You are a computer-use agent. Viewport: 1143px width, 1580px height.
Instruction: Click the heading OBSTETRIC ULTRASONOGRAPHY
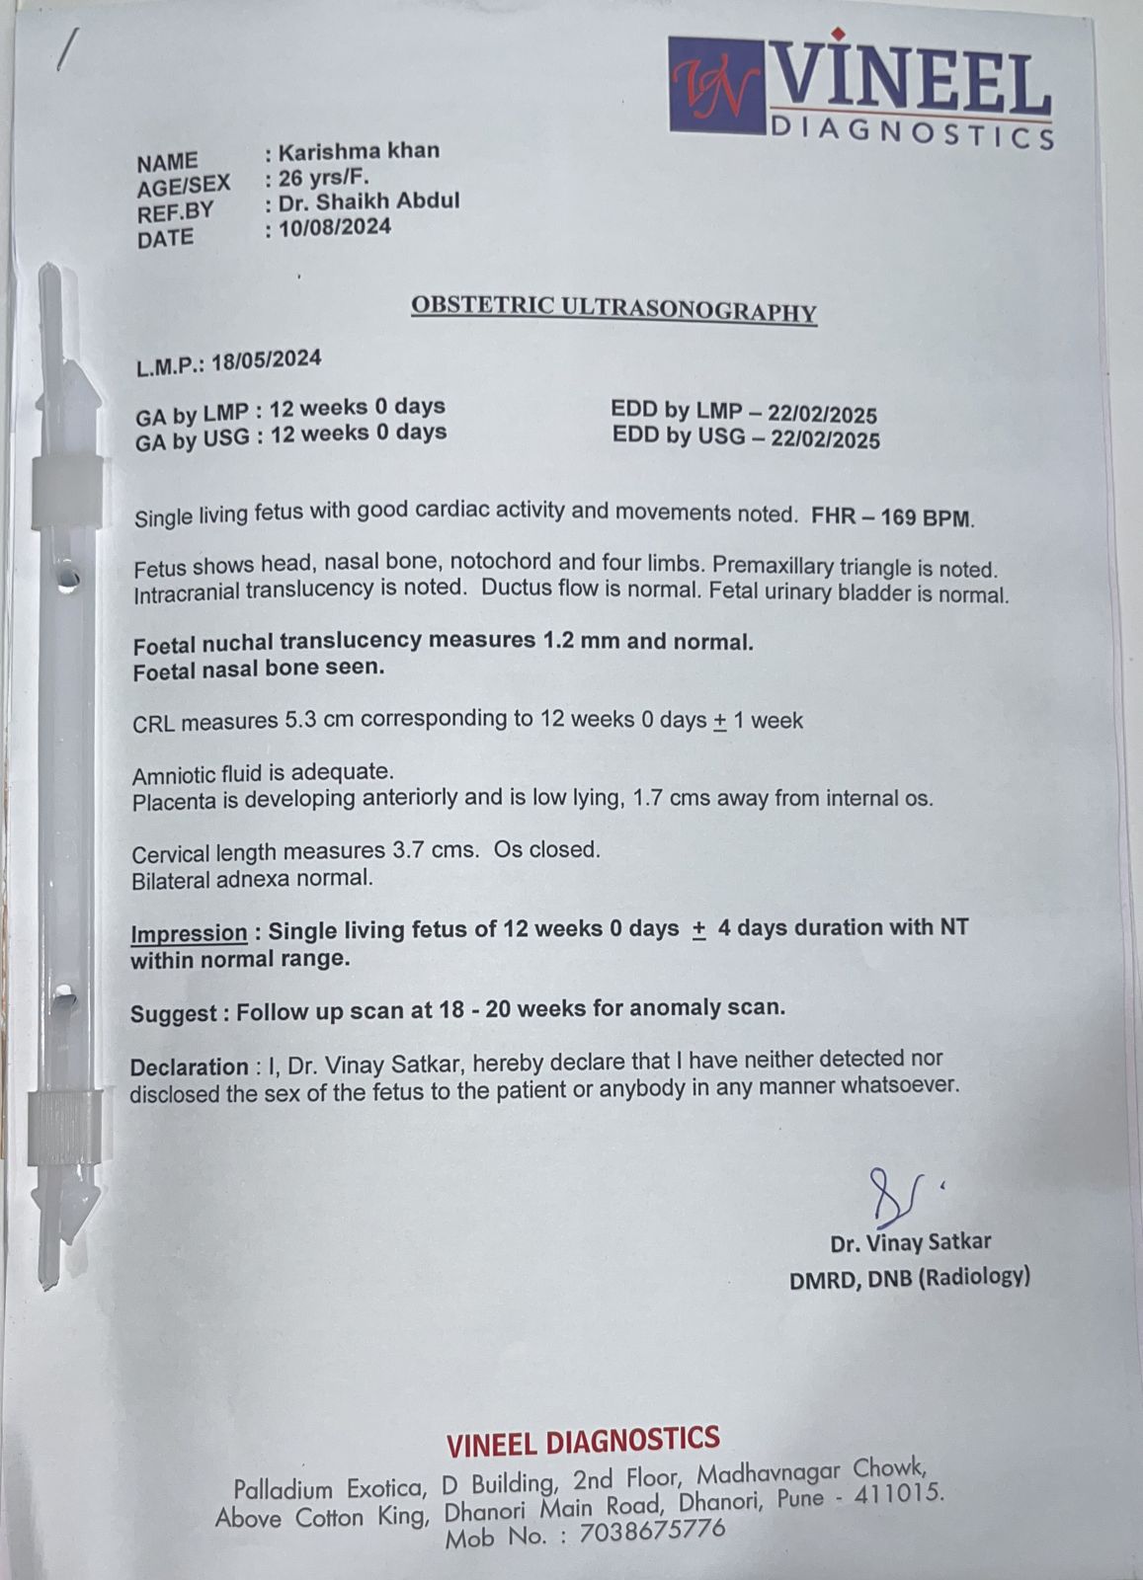click(613, 308)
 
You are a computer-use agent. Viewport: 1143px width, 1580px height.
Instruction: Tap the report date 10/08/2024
click(335, 228)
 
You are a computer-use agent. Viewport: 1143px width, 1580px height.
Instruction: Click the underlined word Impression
click(189, 933)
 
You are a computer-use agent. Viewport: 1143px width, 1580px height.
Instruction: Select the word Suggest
click(173, 1013)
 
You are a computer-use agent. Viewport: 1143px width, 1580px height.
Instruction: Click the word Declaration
click(189, 1067)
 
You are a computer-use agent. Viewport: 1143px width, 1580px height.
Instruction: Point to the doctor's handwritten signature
click(894, 1195)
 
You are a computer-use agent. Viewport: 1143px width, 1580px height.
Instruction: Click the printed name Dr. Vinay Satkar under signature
click(910, 1242)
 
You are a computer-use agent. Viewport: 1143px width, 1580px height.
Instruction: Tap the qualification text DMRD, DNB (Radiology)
click(909, 1278)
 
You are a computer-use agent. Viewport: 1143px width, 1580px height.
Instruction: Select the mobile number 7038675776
click(652, 1532)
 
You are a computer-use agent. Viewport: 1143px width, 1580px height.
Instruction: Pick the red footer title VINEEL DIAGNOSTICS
click(583, 1442)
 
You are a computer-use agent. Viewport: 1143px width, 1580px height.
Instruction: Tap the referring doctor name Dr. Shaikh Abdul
click(368, 201)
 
